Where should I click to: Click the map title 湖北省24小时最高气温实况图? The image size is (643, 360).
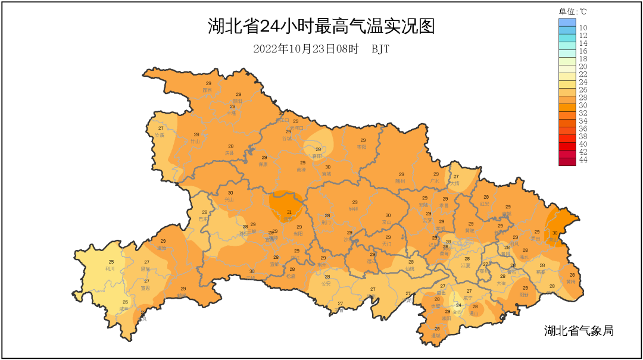(x=321, y=27)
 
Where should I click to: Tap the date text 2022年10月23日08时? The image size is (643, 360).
(x=305, y=49)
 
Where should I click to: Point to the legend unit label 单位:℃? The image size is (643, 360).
(x=573, y=11)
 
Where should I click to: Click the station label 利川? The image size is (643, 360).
(x=110, y=268)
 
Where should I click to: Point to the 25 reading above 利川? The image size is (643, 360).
(x=111, y=262)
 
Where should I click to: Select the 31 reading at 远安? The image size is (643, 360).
(x=289, y=212)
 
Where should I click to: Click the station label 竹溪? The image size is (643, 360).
(x=160, y=135)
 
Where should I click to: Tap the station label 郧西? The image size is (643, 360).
(x=207, y=90)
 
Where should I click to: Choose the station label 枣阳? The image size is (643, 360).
(x=361, y=146)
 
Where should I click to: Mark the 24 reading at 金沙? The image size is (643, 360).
(x=458, y=305)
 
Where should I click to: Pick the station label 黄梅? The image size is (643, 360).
(x=571, y=281)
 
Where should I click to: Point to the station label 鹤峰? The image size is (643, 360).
(x=182, y=295)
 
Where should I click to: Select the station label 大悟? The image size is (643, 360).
(x=455, y=183)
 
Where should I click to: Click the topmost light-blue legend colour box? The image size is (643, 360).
(x=567, y=23)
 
